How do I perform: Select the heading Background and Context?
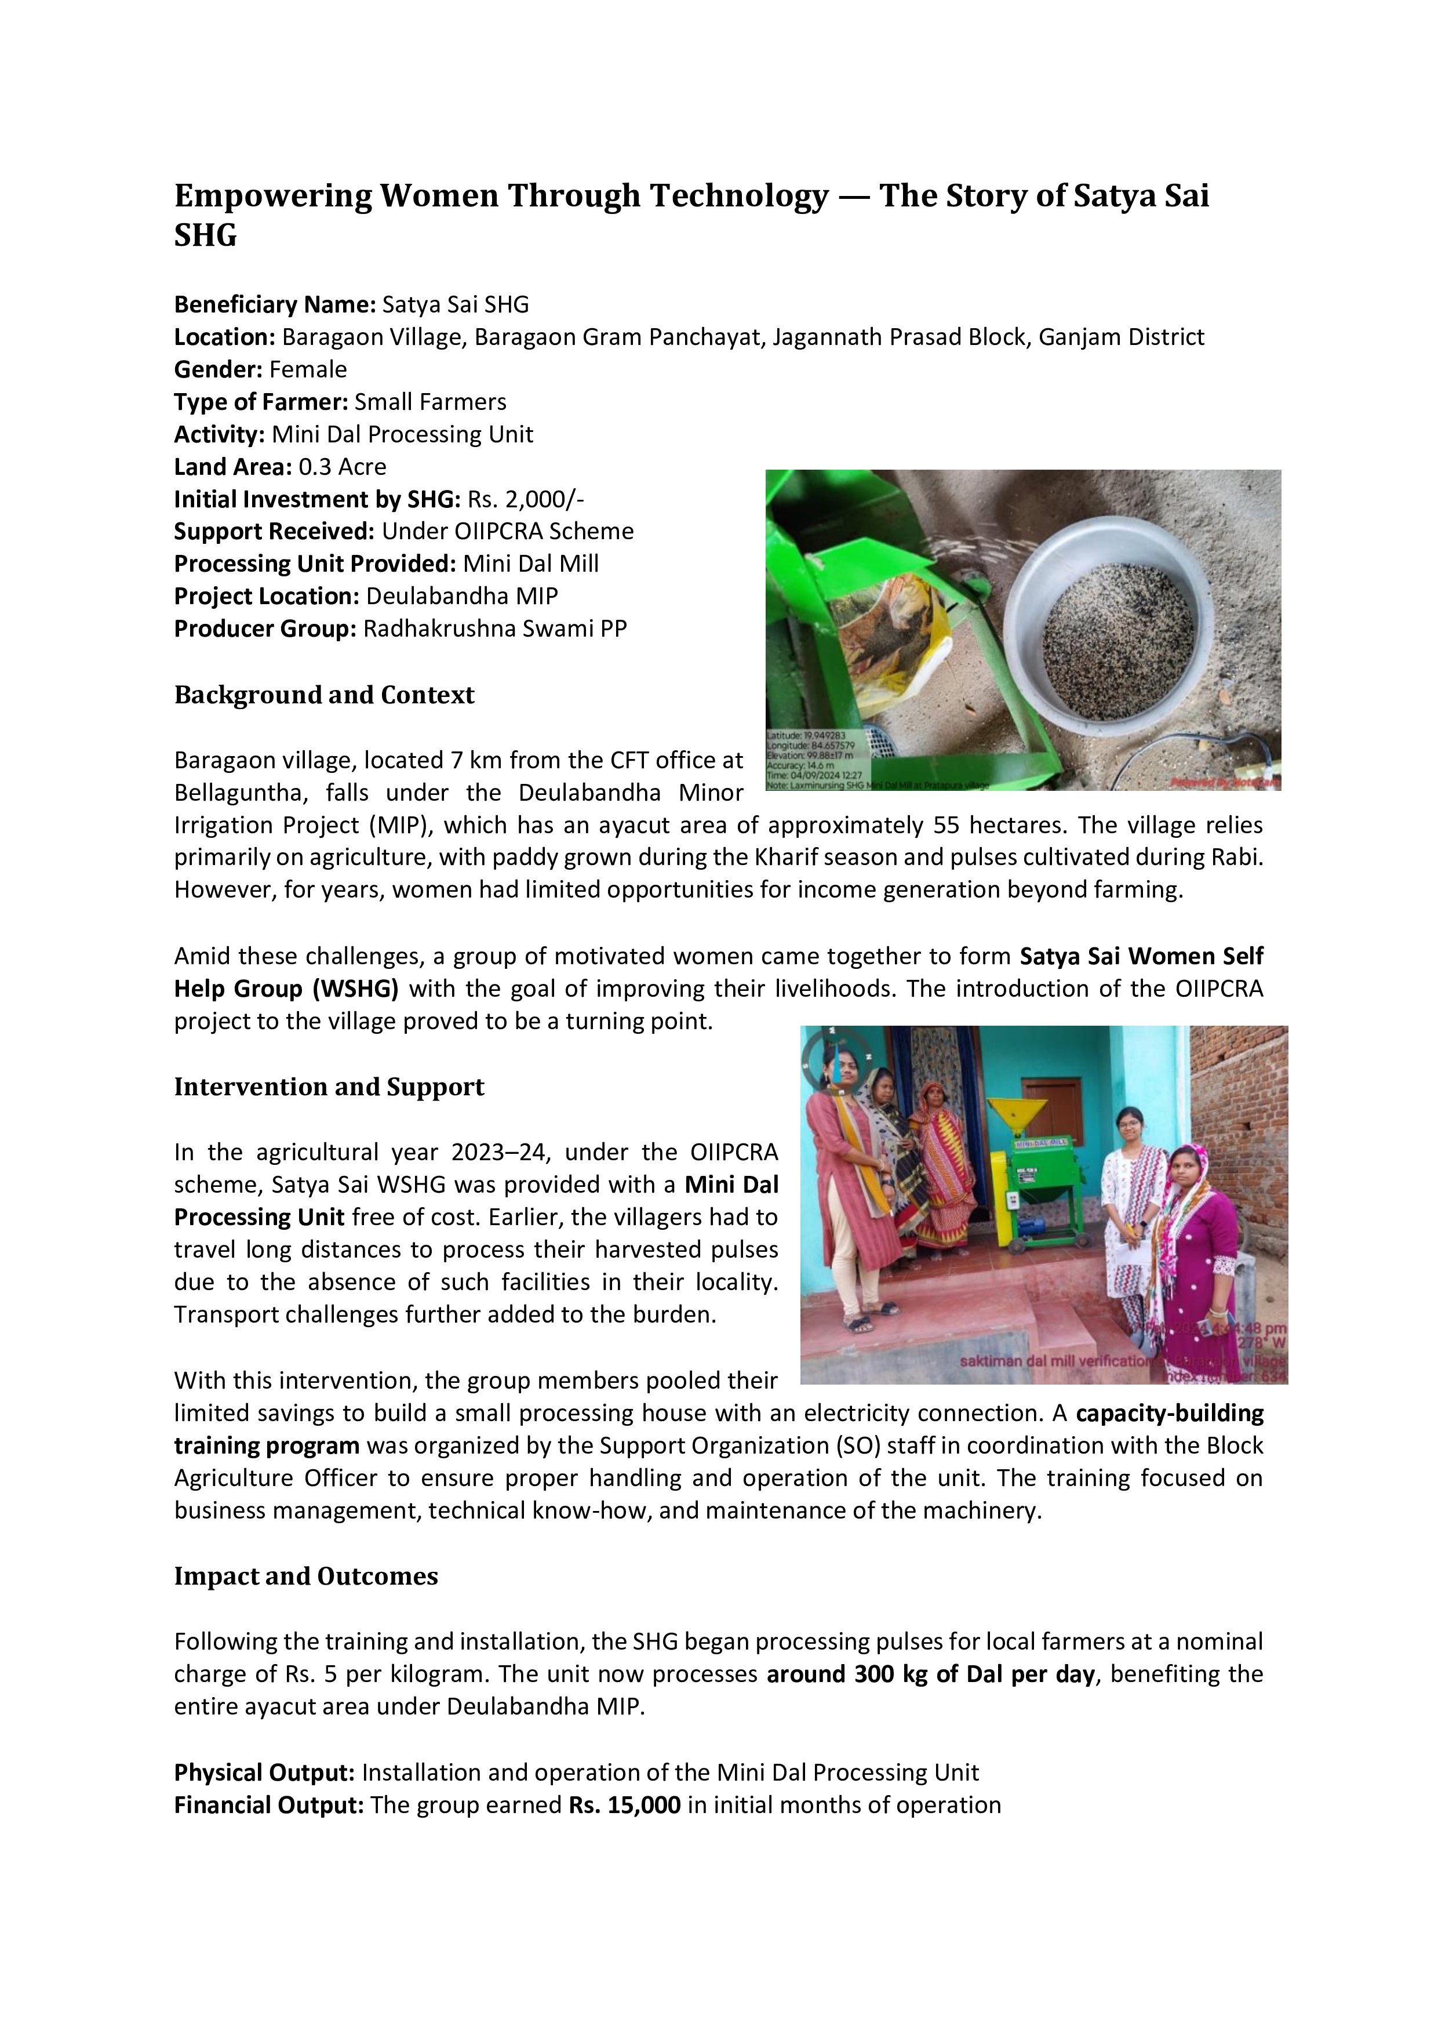click(324, 695)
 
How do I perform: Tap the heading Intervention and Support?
click(329, 1087)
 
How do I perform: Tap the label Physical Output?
click(264, 1772)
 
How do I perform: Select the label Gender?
click(218, 369)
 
